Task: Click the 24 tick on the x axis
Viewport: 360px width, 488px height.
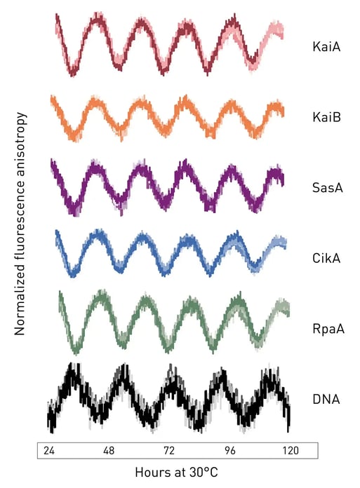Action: pos(49,449)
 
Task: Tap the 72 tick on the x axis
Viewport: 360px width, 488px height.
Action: pos(169,449)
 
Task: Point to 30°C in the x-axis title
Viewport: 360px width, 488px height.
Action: pos(203,473)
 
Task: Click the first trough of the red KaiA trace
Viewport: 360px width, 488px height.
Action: pos(72,70)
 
